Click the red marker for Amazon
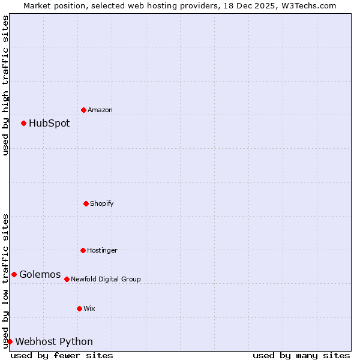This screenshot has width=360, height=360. (83, 110)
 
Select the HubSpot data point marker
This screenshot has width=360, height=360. (23, 123)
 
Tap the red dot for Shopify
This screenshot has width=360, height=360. (86, 203)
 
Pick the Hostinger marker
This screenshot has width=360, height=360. (83, 250)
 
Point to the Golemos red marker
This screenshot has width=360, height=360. (14, 274)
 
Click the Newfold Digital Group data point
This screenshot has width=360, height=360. (67, 279)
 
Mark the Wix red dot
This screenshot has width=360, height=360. (79, 308)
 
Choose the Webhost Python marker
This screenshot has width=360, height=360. (10, 341)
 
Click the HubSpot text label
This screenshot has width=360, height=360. (49, 124)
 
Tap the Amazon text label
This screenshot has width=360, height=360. (100, 110)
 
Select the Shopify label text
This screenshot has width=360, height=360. (102, 204)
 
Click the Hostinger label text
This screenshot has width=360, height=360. (102, 251)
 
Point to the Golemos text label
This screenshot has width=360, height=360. (40, 275)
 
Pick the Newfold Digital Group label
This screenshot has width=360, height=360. (106, 280)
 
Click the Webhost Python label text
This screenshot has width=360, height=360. (54, 342)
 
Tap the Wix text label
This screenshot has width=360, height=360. (89, 309)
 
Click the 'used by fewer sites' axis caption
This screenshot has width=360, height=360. (62, 355)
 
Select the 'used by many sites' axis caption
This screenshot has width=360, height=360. (301, 355)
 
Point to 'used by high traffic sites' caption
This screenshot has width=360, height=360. (5, 85)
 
